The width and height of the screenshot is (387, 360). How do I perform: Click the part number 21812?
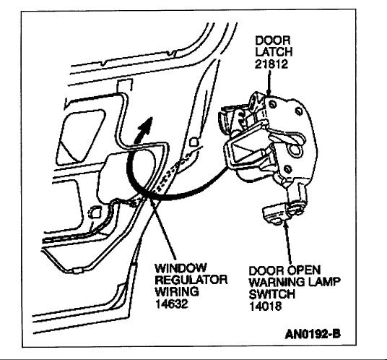point(271,64)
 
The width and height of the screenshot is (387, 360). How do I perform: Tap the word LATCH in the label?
point(274,52)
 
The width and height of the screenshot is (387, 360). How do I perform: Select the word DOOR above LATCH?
point(273,40)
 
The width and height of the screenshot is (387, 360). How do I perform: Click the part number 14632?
point(172,304)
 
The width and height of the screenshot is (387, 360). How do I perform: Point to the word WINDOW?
point(181,268)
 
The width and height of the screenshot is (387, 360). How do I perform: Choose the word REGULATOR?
point(191,280)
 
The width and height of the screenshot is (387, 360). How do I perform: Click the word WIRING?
point(177,291)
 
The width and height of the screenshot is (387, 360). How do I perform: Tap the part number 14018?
point(266,307)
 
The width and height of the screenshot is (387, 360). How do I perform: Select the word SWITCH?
point(272,294)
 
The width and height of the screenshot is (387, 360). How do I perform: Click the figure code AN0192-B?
point(313,334)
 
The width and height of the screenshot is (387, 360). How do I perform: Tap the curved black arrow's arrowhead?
point(147,125)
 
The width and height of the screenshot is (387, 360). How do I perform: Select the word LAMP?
point(327,282)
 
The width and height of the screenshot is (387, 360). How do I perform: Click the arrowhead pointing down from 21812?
point(269,91)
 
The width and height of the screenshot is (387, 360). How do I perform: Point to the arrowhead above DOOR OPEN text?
point(286,225)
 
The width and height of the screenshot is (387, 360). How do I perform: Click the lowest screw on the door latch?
point(287,169)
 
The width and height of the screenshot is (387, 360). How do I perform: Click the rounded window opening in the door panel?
point(80,136)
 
